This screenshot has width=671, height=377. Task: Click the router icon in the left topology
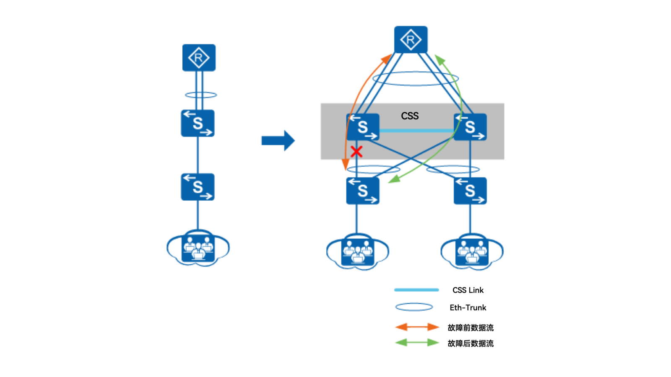coord(199,58)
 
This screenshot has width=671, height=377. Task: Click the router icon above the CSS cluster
coord(411,40)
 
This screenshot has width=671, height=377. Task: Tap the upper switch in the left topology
coord(198,123)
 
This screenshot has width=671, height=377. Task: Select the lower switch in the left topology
coord(198,187)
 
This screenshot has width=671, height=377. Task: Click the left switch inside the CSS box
coord(363,127)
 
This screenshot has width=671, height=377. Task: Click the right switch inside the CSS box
coord(470,127)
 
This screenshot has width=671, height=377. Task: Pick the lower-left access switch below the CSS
coord(363,191)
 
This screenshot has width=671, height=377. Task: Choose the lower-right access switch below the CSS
coord(470,191)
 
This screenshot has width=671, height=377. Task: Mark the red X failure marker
coord(356,151)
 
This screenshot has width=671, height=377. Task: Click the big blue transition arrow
coord(278,140)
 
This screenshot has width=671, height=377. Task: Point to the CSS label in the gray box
coord(410,116)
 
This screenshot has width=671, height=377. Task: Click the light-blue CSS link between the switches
coord(416,131)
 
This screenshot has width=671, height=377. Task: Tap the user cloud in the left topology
coord(198,248)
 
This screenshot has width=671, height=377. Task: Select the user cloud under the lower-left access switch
coord(358,252)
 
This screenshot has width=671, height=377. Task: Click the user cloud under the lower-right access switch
coord(472,252)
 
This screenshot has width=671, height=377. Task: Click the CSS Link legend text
coord(468,290)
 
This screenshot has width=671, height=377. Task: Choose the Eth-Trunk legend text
coord(468,308)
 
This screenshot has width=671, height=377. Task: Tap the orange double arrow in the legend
coord(417,327)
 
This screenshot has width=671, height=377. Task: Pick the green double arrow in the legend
coord(417,343)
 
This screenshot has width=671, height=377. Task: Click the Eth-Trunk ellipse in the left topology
coord(201,95)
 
